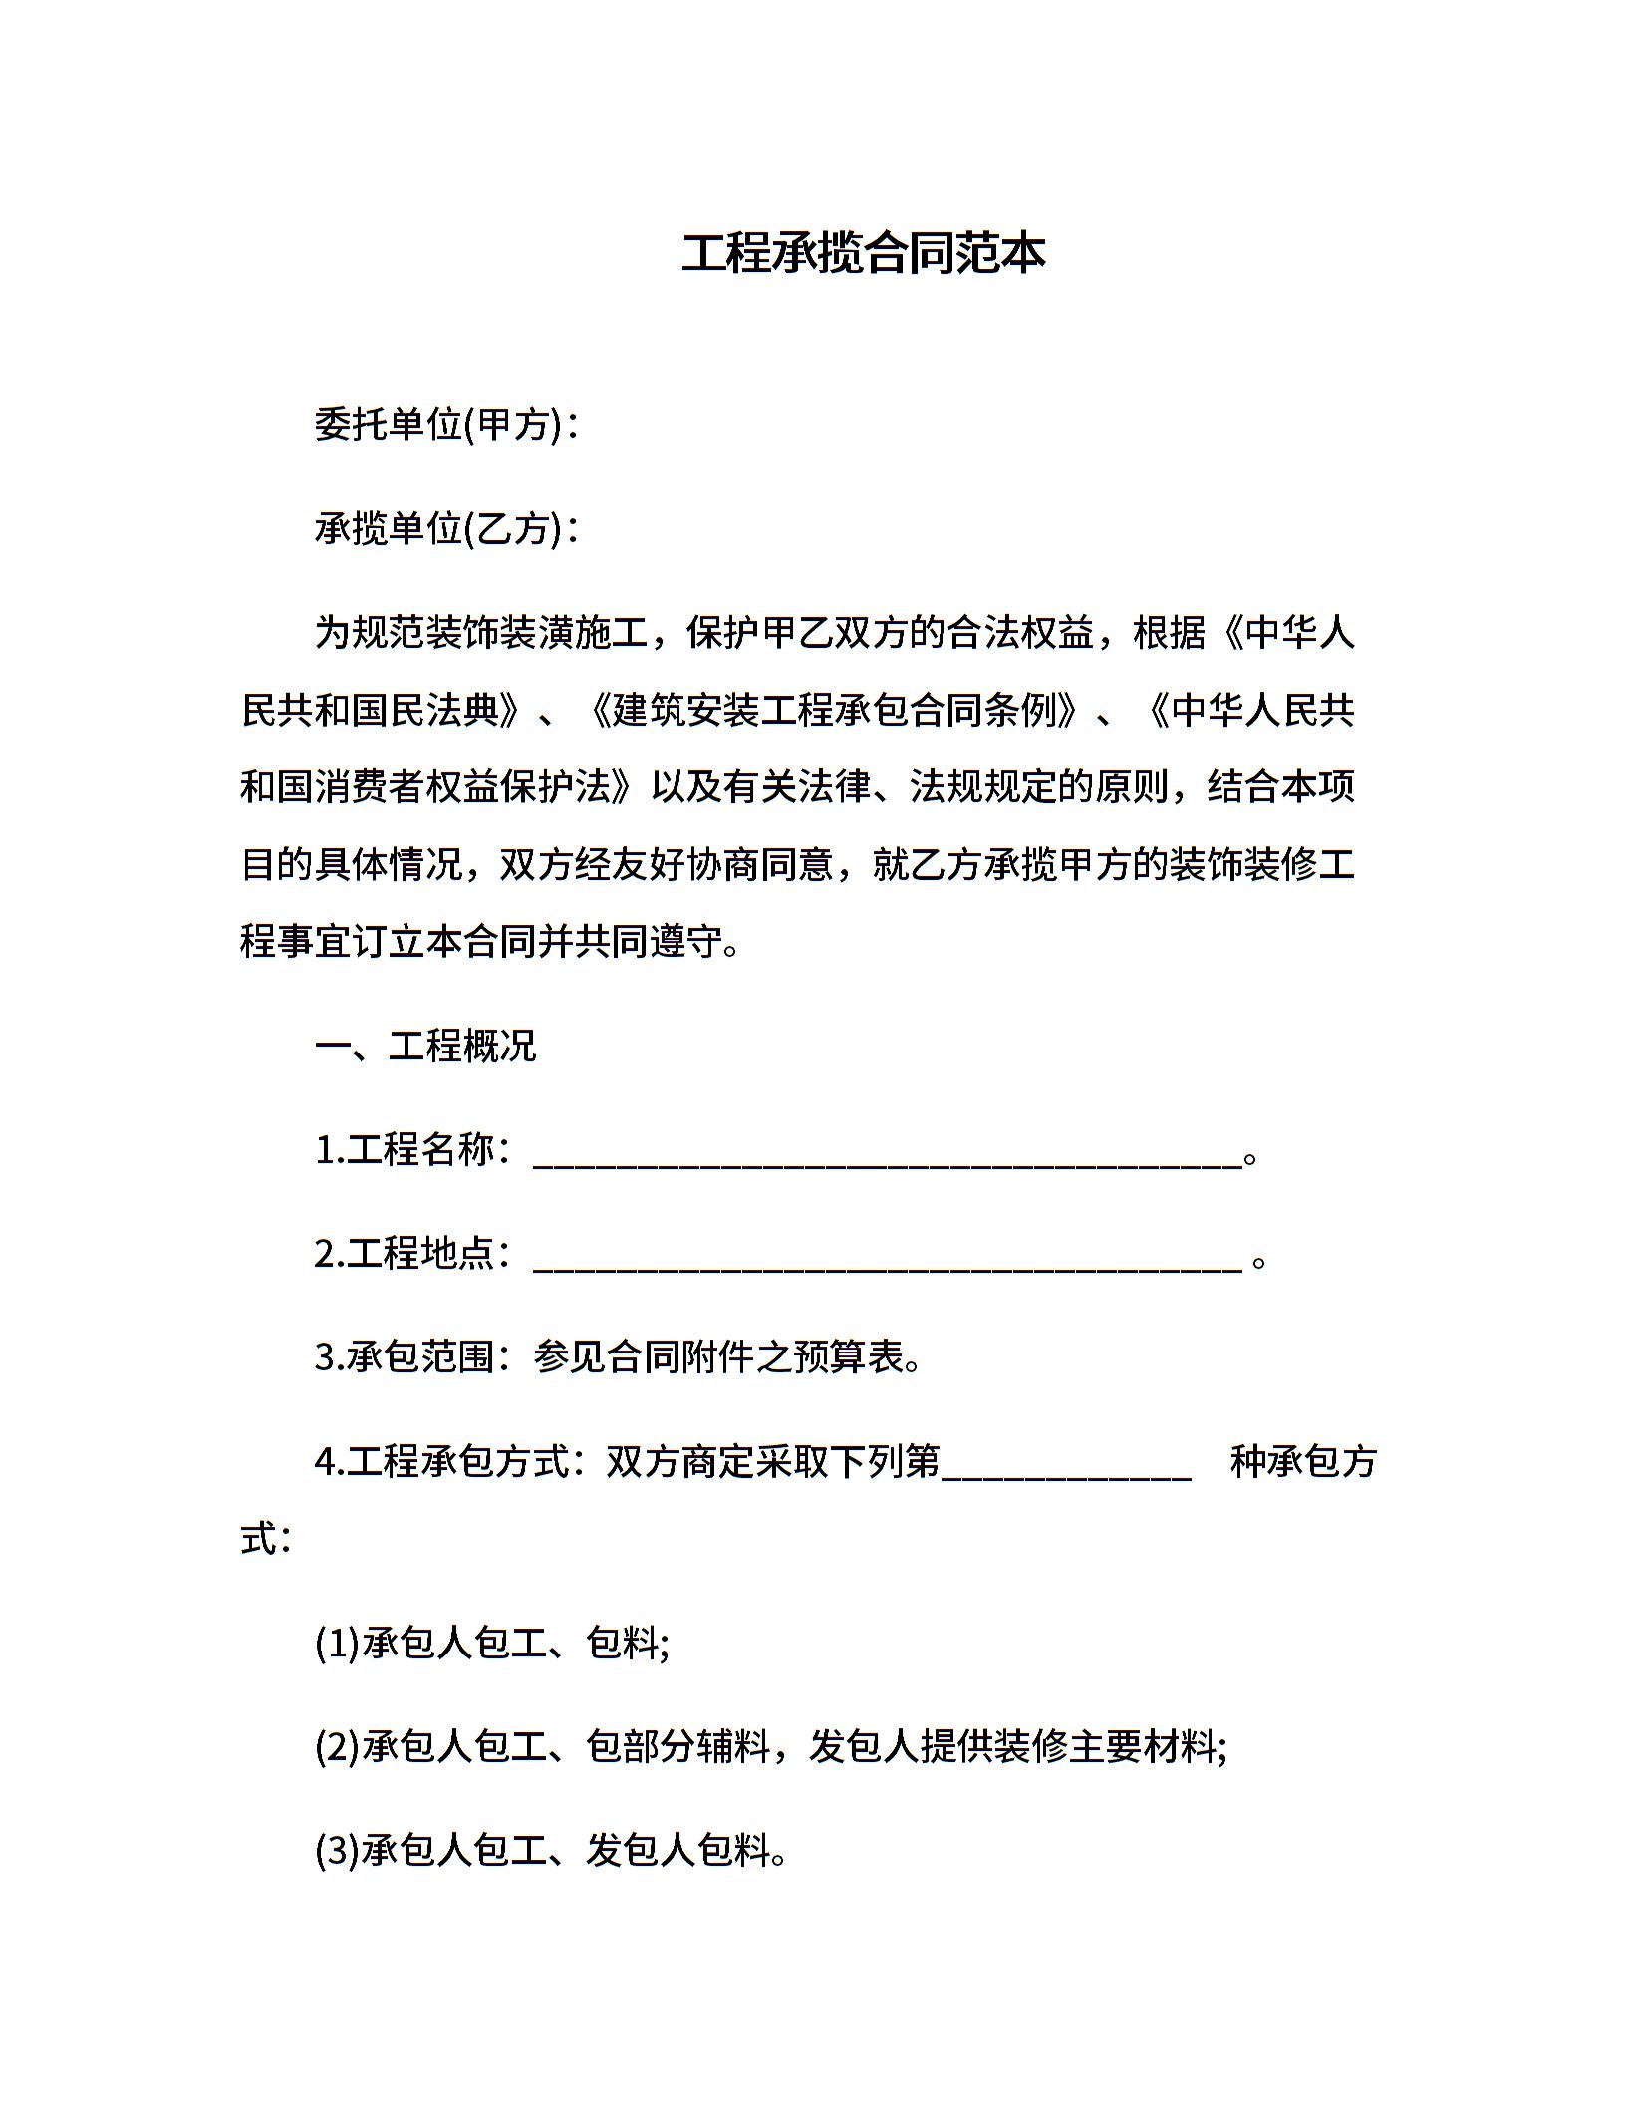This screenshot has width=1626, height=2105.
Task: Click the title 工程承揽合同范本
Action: (863, 253)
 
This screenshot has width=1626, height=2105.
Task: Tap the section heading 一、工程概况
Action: (425, 1046)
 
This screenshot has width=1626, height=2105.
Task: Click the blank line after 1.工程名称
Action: (887, 1156)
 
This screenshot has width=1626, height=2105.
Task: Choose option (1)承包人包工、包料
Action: (491, 1643)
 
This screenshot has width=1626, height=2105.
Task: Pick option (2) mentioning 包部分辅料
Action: (770, 1746)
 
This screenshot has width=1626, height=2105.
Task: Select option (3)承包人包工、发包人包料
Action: (551, 1850)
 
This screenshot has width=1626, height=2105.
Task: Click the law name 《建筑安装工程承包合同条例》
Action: (835, 711)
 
